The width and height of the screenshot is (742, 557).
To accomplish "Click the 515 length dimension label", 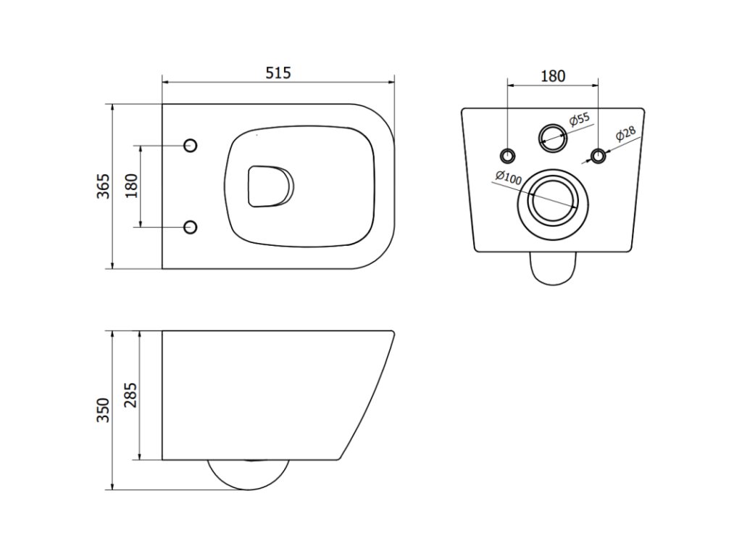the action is [x=278, y=73].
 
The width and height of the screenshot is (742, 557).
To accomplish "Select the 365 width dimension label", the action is [x=103, y=186].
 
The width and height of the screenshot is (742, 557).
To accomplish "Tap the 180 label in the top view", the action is [x=131, y=186].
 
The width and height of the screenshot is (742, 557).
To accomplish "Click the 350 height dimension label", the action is [x=103, y=410].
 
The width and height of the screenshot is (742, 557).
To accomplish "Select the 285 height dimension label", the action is [x=131, y=395].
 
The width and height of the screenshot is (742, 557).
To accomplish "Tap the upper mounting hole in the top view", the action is [x=191, y=145].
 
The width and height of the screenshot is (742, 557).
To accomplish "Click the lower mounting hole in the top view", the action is [x=191, y=227].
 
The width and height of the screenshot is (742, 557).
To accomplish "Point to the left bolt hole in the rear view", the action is [x=507, y=154].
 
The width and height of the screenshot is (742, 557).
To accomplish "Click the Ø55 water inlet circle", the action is [x=553, y=136].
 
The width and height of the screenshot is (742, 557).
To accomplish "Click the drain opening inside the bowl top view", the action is [x=270, y=186].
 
